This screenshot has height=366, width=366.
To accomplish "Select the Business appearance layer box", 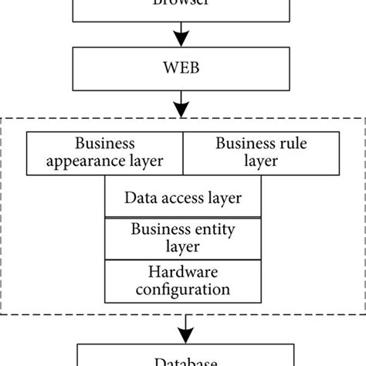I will [104, 152].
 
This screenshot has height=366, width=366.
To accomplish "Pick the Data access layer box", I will [182, 197].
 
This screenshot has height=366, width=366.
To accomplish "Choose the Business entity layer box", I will [182, 239].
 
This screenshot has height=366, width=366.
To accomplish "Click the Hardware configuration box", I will [182, 281].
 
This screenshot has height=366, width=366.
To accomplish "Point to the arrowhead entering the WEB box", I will [182, 40].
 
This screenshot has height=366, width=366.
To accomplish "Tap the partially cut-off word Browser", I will [182, 4].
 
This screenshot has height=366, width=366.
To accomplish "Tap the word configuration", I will [182, 290].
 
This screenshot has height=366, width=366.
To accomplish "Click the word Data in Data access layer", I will [140, 197].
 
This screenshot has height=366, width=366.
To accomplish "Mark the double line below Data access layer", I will [182, 219].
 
